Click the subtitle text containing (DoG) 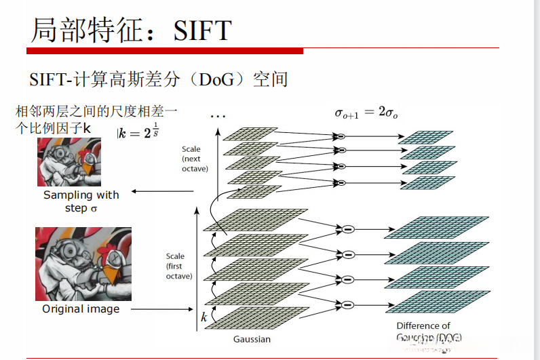159,79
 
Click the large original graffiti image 83,264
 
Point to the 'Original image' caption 81,309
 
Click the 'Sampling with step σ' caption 81,201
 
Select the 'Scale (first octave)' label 179,266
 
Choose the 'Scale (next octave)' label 195,159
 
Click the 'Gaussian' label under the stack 251,339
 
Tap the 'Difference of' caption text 423,326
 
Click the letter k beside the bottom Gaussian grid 204,317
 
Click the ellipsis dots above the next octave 218,116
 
